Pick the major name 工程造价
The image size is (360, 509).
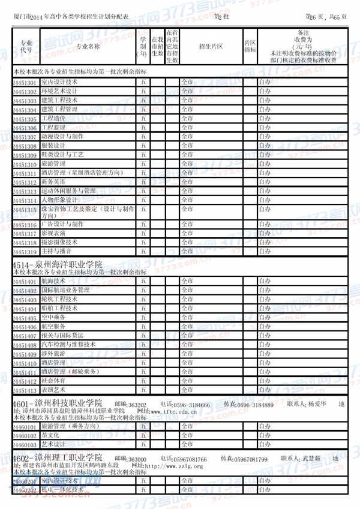point(52,119)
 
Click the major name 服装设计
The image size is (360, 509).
point(52,146)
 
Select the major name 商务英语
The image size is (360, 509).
point(52,182)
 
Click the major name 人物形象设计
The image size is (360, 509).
point(59,200)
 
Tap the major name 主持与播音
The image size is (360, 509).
point(56,251)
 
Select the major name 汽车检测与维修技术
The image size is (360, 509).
point(68,345)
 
